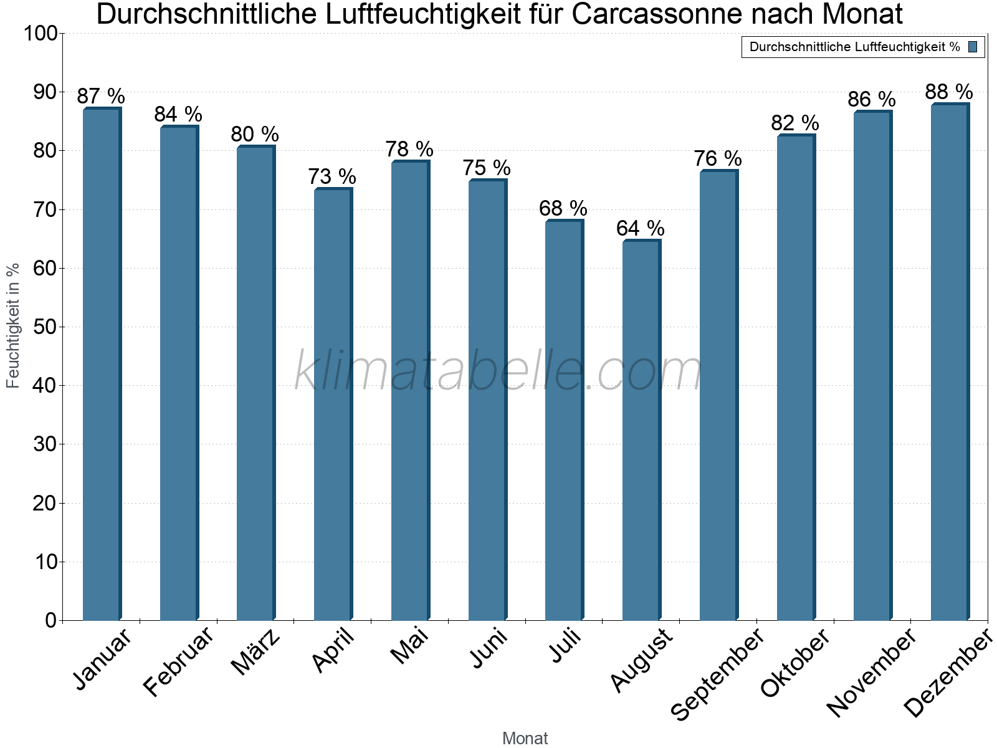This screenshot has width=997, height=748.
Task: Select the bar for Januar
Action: pos(102,365)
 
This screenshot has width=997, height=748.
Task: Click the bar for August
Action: pos(641,430)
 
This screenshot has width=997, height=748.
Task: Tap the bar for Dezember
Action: pos(950,362)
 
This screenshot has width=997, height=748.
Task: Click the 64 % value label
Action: pos(641,228)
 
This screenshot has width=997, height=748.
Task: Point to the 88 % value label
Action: pos(949,92)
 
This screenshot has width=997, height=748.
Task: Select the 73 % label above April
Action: pos(332,176)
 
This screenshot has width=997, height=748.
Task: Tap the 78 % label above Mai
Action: pos(409,149)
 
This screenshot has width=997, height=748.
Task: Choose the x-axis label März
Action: pos(256,653)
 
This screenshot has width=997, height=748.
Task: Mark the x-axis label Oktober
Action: pos(796,663)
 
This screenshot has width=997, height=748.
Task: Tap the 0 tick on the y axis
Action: pos(50,620)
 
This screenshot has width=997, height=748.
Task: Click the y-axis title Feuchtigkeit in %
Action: pos(13,325)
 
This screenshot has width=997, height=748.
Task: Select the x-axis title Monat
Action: pos(525,738)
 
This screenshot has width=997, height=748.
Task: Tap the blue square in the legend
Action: pos(973,47)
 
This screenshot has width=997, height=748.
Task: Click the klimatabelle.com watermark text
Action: pos(498,372)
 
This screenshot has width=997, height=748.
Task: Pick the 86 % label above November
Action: pos(872,99)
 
